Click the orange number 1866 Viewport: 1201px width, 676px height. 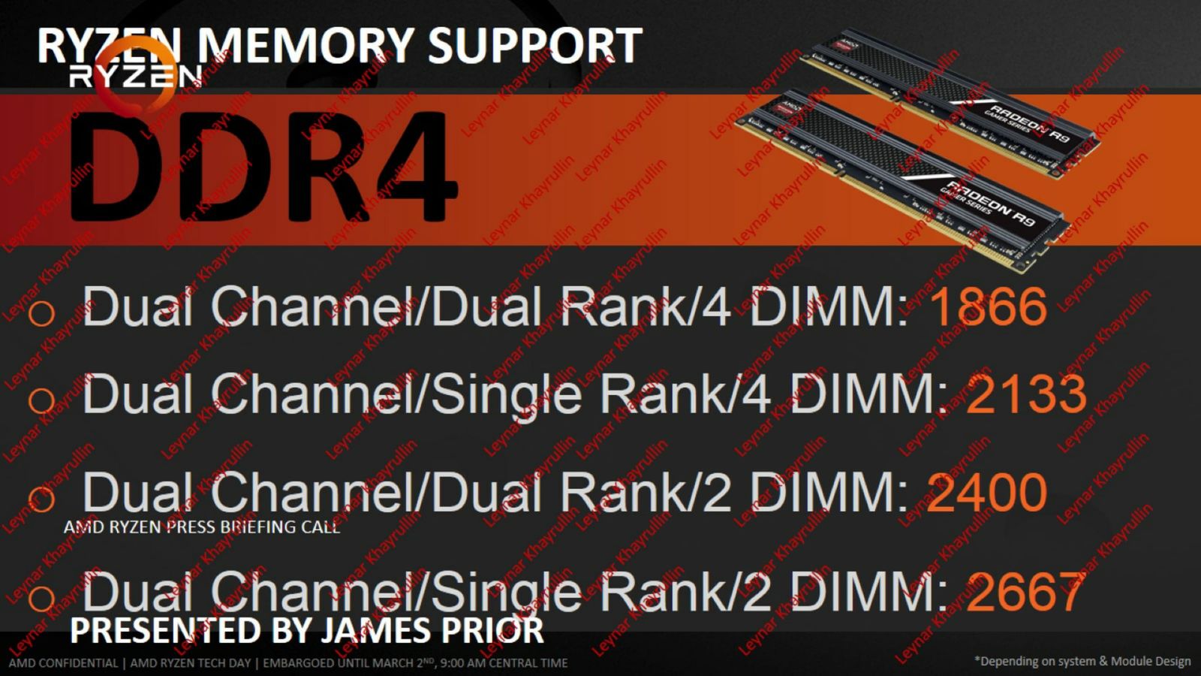[x=988, y=306]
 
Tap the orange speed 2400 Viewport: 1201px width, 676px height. [x=987, y=491]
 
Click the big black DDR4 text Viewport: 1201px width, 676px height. [x=263, y=167]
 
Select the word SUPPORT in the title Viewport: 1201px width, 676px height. [x=535, y=46]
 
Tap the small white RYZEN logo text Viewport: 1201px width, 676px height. [x=135, y=77]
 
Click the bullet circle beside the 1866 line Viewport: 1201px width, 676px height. [x=41, y=313]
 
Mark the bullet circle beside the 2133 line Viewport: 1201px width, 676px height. [x=41, y=400]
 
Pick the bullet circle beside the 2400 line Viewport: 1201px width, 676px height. [x=41, y=499]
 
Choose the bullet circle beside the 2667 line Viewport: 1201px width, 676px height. [x=41, y=598]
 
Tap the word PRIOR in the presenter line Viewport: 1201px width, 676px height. [x=498, y=630]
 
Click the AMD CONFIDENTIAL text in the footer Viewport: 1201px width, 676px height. [x=63, y=663]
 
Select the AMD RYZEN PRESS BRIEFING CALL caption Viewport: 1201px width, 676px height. [x=202, y=527]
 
